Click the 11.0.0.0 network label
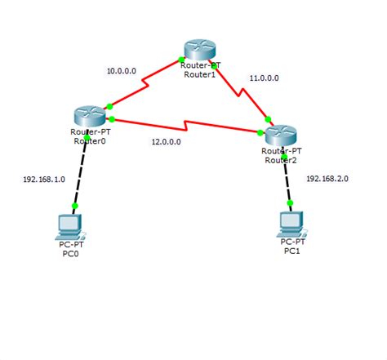coord(264,78)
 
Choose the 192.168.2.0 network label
coord(327,177)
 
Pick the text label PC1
coord(291,251)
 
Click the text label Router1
coord(201,72)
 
